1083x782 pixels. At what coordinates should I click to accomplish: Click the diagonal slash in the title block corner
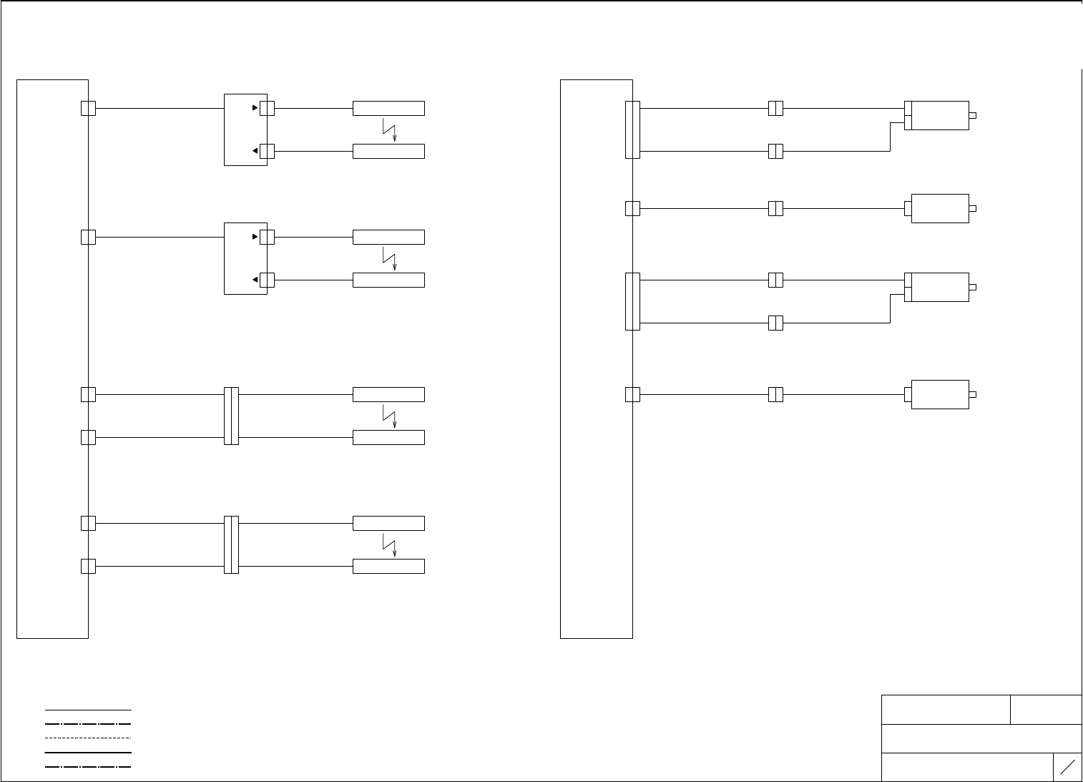[1067, 767]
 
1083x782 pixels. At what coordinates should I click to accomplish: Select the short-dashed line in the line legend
[88, 738]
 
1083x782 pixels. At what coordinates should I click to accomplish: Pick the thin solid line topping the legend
[88, 710]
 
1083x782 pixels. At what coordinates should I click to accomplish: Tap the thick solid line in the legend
[88, 752]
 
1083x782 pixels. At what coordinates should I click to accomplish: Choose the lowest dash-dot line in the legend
[88, 766]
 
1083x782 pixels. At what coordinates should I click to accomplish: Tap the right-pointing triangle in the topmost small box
[255, 108]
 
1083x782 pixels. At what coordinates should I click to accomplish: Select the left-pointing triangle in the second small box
[255, 280]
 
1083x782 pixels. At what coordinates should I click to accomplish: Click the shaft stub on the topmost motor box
[973, 115]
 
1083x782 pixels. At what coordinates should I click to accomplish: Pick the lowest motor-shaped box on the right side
[940, 394]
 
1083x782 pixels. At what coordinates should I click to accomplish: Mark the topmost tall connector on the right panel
[632, 129]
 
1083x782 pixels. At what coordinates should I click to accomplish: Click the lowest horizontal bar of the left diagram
[388, 566]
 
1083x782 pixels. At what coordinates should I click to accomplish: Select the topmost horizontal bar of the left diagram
[388, 108]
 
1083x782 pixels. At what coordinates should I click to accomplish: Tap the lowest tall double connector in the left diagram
[231, 544]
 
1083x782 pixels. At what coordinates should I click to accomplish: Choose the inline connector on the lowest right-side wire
[775, 394]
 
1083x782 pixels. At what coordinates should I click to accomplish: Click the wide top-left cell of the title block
[946, 709]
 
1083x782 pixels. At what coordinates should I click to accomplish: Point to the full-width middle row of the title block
[981, 738]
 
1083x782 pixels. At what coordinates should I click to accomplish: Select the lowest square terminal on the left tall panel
[88, 566]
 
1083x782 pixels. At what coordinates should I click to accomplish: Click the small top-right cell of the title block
[1046, 709]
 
